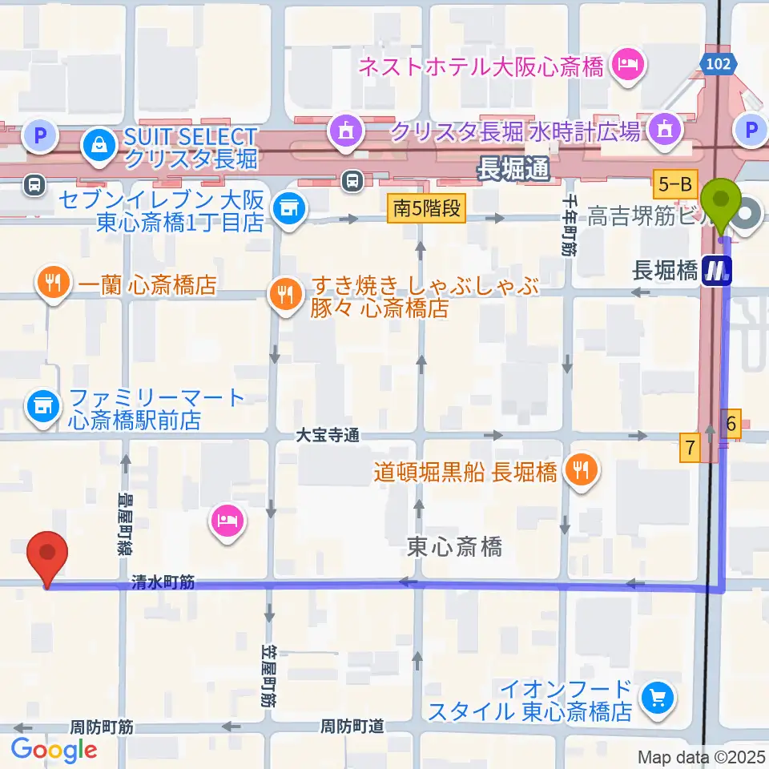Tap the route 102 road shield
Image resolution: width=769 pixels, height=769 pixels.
pyautogui.click(x=719, y=65)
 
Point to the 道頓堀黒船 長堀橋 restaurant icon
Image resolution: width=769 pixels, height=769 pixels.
pyautogui.click(x=581, y=470)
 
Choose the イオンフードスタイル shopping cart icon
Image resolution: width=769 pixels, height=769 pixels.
pyautogui.click(x=658, y=699)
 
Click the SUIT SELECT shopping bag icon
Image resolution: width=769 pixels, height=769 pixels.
pyautogui.click(x=97, y=146)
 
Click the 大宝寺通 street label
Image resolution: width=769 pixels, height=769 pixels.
pyautogui.click(x=327, y=435)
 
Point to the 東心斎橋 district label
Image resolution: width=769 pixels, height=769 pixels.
pyautogui.click(x=454, y=547)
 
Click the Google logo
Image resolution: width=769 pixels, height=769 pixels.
pyautogui.click(x=54, y=750)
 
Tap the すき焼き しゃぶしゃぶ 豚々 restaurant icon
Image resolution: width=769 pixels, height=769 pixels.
pyautogui.click(x=284, y=293)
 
